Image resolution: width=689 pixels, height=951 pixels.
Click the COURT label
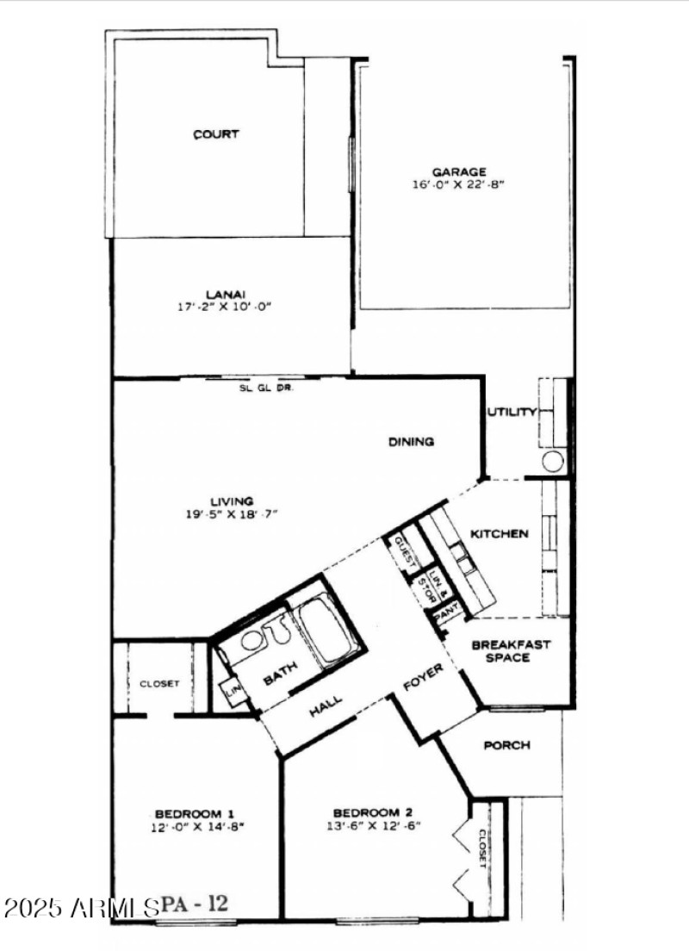tap(216, 134)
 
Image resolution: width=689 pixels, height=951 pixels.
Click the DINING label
tap(411, 442)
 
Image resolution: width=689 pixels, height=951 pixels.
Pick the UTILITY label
tap(512, 412)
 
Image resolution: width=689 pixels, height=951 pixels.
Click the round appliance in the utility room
tap(553, 462)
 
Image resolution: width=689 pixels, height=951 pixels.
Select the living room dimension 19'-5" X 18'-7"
tap(233, 514)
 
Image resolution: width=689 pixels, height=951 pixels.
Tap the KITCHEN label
tap(499, 534)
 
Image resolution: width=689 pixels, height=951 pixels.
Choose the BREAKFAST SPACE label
tap(512, 651)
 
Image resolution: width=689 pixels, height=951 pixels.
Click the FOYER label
tap(425, 680)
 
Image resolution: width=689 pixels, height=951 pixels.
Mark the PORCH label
tap(506, 746)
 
